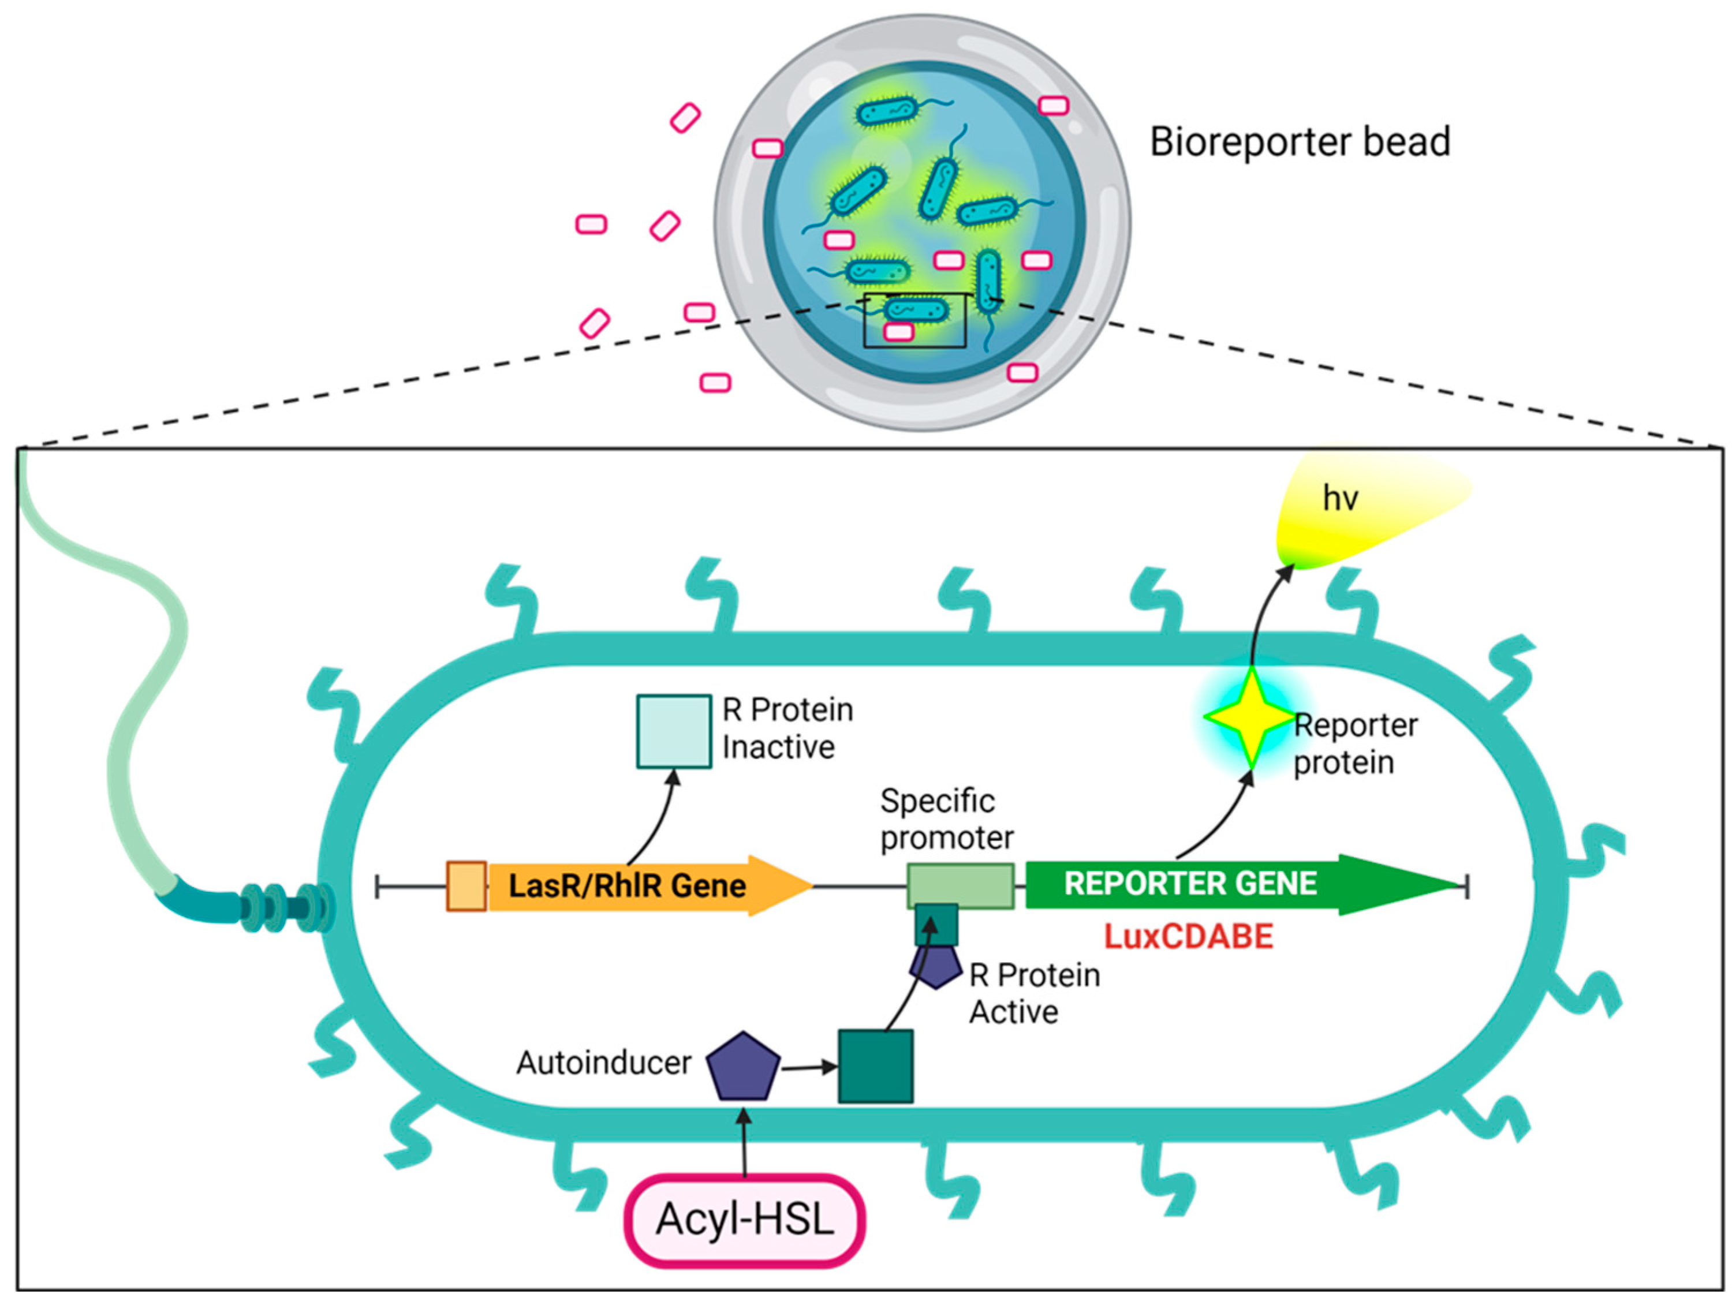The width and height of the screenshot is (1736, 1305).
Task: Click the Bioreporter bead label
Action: click(1300, 143)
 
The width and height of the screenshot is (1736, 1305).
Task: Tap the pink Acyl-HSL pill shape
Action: click(744, 1220)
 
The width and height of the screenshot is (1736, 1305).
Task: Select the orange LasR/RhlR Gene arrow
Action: click(628, 886)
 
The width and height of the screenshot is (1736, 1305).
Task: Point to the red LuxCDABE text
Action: click(1188, 937)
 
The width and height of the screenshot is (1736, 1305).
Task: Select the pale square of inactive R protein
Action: click(673, 731)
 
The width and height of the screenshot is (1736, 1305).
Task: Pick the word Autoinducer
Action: click(603, 1063)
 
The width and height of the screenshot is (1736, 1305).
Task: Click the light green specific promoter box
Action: click(961, 886)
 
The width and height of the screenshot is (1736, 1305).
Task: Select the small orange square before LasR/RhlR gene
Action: click(466, 886)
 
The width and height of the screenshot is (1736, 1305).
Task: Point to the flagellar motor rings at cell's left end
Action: click(286, 908)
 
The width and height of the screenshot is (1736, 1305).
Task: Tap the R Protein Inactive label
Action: click(786, 728)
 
